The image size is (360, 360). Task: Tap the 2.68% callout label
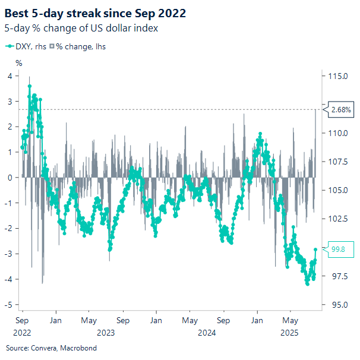click(x=340, y=109)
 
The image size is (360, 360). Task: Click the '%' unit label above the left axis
click(x=18, y=63)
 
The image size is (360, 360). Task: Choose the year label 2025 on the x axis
click(x=289, y=333)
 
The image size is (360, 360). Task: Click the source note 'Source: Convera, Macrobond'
click(x=51, y=348)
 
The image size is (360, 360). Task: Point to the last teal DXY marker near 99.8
click(x=315, y=250)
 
